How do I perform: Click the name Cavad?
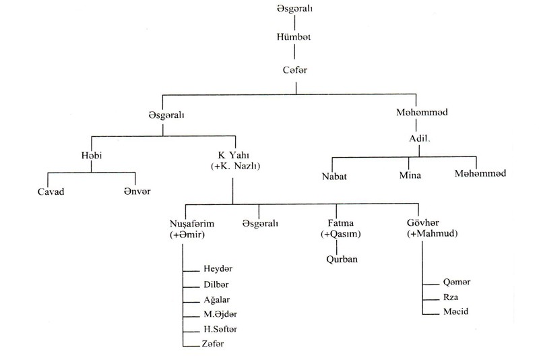point(51,191)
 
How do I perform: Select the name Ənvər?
point(137,191)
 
